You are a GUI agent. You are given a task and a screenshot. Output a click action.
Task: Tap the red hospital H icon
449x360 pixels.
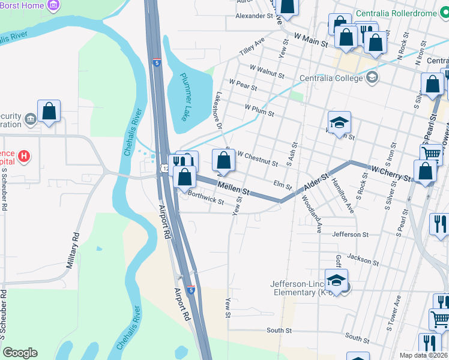click(23, 157)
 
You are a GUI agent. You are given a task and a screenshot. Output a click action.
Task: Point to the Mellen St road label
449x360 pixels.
click(233, 188)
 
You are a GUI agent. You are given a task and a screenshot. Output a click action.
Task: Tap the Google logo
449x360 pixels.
click(20, 353)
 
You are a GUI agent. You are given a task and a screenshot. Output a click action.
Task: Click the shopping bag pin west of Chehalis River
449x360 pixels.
click(49, 112)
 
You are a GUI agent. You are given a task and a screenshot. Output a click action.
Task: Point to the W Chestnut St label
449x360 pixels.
click(258, 158)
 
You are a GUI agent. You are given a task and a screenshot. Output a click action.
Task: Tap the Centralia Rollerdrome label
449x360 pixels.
click(402, 13)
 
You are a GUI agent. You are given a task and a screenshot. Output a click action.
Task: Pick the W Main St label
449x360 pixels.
click(311, 40)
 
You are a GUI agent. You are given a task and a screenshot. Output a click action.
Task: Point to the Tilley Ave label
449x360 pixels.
click(252, 46)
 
